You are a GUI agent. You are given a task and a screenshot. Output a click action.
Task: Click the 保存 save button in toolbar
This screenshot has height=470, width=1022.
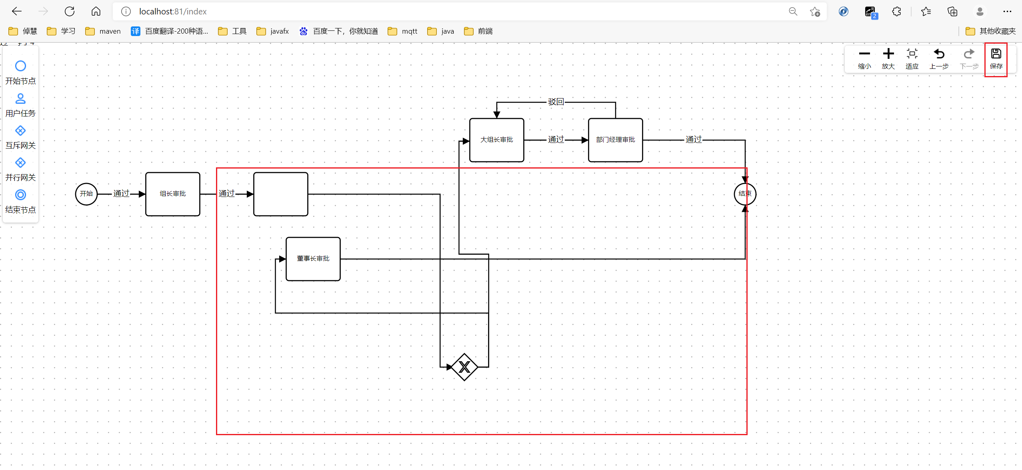tap(996, 58)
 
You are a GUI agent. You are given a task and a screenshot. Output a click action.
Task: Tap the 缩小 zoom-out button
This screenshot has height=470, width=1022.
tap(864, 58)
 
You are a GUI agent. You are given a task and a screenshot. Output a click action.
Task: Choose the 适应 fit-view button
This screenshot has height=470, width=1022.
tap(912, 58)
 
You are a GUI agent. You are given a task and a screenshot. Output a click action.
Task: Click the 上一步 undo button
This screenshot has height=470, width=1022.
tap(938, 58)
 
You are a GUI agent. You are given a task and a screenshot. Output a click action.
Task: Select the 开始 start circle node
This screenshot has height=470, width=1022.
tap(86, 194)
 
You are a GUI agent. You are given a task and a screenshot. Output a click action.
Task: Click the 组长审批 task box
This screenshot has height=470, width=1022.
tap(173, 194)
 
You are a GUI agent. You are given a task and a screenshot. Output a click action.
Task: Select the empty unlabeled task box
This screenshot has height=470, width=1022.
tap(281, 194)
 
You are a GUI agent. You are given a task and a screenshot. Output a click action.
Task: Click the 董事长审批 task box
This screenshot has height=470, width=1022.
tap(313, 259)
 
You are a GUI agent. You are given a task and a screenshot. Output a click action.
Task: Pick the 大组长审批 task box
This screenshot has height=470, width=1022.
tap(496, 140)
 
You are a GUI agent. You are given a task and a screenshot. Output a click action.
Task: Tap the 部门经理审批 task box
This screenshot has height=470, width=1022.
tap(615, 140)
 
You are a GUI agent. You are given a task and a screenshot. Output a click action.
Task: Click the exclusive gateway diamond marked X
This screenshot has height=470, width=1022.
tap(464, 367)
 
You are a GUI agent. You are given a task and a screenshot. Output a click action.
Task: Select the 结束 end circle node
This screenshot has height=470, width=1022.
tap(745, 194)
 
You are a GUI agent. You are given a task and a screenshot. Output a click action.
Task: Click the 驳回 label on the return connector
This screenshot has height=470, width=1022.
tap(556, 102)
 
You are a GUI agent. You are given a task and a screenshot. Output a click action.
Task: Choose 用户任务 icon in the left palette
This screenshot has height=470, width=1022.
tap(20, 98)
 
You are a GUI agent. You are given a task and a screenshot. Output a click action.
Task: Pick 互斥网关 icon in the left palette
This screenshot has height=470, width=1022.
tap(20, 131)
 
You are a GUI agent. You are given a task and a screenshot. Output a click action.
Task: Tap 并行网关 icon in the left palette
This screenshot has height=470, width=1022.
tap(20, 163)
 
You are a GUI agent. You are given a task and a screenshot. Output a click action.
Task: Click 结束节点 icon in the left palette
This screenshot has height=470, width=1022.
tap(20, 195)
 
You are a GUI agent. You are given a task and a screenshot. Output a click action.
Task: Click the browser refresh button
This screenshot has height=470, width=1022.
tap(70, 12)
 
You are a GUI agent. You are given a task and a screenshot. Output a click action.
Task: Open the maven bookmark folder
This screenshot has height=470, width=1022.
tap(103, 31)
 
